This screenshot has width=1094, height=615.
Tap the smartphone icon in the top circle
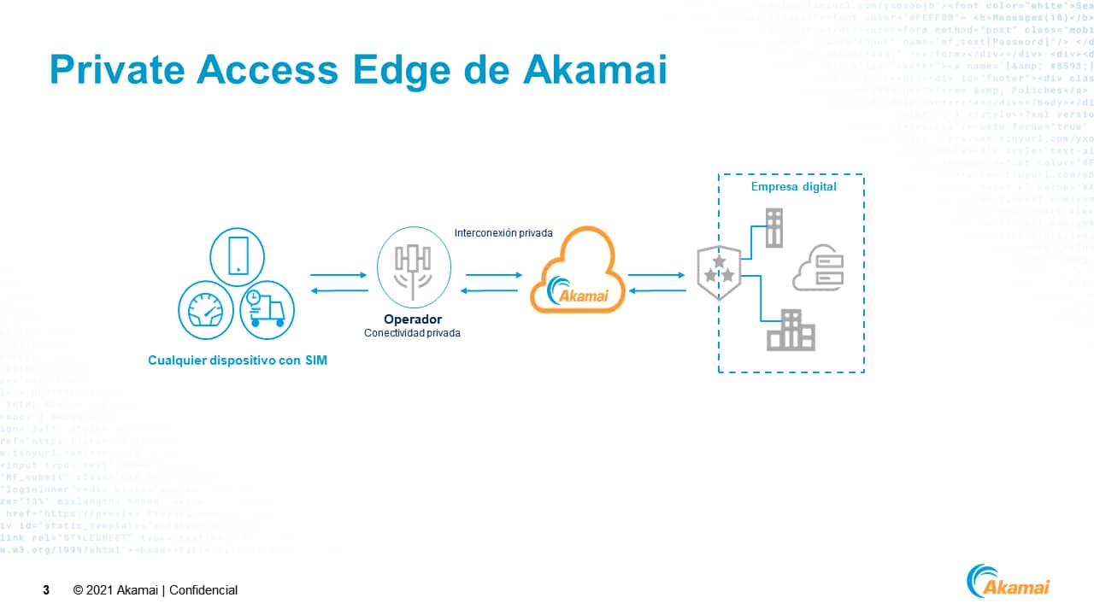tap(237, 255)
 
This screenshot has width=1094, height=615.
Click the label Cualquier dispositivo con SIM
tap(238, 360)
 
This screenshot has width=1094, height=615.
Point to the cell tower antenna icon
tap(413, 267)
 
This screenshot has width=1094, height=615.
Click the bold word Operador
tap(413, 319)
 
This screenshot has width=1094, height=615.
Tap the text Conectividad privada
tap(412, 333)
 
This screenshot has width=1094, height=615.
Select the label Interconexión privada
tap(503, 232)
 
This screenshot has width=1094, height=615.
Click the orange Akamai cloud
tap(573, 272)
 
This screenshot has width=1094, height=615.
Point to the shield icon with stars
tap(718, 272)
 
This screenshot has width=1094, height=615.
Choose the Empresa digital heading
tap(793, 187)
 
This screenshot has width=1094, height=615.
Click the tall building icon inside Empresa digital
tap(773, 227)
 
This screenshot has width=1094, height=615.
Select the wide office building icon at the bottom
tap(791, 331)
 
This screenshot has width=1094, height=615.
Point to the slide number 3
tap(46, 590)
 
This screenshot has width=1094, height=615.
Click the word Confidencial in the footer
tap(203, 590)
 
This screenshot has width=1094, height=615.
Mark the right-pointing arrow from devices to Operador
tap(338, 275)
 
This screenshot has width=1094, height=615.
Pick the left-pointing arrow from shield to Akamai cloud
tap(656, 290)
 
